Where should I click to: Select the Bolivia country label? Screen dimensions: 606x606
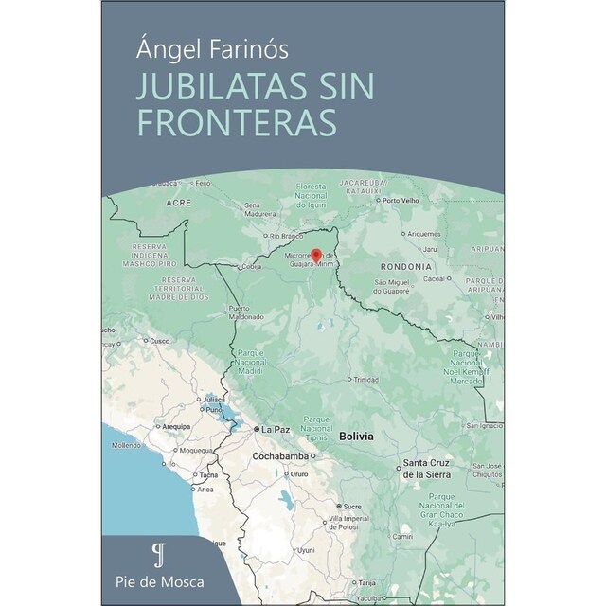(x=357, y=436)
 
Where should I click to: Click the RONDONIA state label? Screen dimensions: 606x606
(x=404, y=267)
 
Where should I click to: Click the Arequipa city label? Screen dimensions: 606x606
(x=176, y=427)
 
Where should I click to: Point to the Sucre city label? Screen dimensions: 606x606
(x=351, y=506)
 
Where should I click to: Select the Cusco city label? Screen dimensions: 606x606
(x=157, y=340)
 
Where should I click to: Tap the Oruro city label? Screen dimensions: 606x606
(x=300, y=473)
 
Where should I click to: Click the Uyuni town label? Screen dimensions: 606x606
(x=305, y=549)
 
